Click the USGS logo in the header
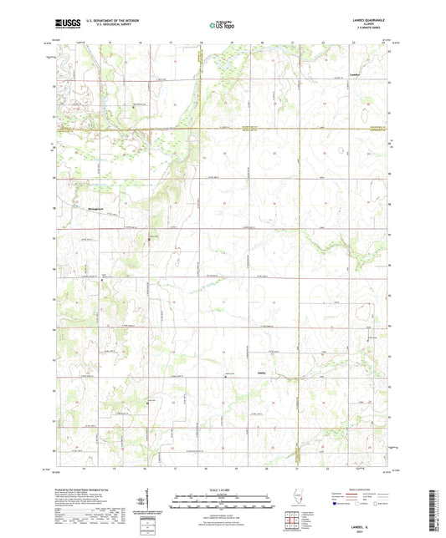66,25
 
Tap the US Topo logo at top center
221,25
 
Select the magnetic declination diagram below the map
142,501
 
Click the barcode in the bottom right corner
433,510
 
